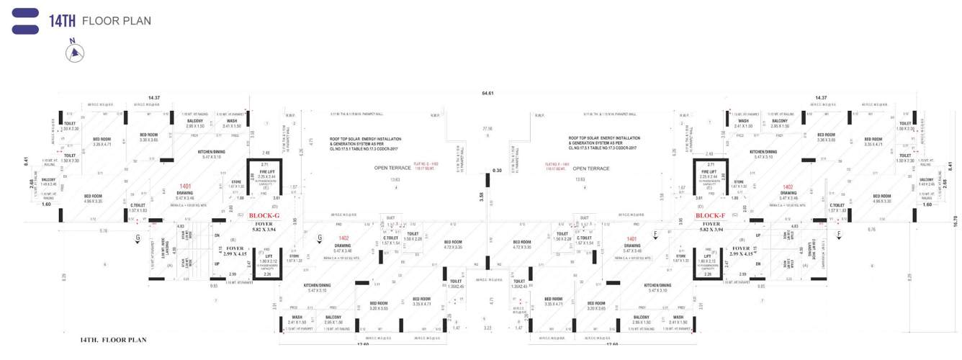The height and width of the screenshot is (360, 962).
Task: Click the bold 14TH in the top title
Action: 63,21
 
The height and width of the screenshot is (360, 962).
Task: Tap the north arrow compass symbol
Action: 75,53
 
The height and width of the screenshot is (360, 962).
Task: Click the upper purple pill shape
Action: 25,12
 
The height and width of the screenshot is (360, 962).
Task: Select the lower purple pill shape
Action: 25,30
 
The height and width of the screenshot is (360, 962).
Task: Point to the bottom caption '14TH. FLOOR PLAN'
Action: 114,339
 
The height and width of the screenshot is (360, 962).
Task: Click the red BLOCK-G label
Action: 264,215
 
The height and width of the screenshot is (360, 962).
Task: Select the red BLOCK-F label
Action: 709,215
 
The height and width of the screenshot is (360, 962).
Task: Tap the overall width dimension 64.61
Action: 487,93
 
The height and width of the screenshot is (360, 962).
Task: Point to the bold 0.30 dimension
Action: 497,171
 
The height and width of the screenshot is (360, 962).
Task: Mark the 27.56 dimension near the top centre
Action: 487,128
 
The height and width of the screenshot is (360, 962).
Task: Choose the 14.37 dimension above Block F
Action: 821,97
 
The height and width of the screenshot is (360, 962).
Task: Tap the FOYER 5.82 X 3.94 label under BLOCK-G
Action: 264,227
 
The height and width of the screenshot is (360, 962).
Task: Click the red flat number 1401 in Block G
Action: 185,186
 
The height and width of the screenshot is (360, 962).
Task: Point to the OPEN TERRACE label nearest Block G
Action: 392,168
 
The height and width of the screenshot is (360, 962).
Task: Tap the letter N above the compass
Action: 72,41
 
